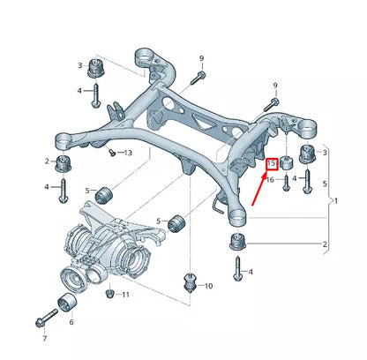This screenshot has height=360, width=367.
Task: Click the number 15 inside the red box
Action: (x=272, y=163)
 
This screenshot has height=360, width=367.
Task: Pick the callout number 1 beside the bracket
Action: (x=334, y=201)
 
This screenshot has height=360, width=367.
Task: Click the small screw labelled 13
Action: (x=111, y=152)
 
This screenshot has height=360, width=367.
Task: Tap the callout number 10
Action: (x=208, y=286)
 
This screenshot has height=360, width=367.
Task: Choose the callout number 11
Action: (x=124, y=294)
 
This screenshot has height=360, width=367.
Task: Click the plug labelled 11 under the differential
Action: (x=108, y=293)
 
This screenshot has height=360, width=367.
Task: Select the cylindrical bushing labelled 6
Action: (x=64, y=305)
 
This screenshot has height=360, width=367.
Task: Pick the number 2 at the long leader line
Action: (x=325, y=244)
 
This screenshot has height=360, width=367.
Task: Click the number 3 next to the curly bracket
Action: (x=325, y=153)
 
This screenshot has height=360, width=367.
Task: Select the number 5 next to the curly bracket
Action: (x=325, y=184)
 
